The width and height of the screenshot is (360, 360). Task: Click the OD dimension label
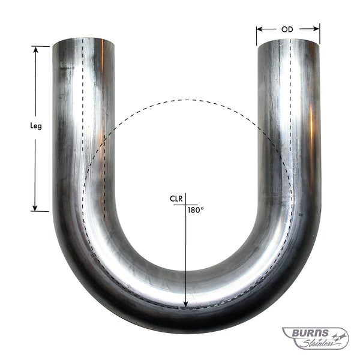coord(287,29)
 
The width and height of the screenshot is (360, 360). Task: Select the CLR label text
coord(176,199)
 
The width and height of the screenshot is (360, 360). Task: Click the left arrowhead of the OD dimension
coord(259,29)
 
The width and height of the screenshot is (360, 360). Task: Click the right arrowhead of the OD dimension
coord(317,29)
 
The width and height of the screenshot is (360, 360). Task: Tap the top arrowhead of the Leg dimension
coord(36,49)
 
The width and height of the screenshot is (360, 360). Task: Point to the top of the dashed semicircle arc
coord(186,100)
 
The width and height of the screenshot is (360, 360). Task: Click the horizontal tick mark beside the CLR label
coord(180,205)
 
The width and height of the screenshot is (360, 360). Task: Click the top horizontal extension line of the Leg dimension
coord(40,46)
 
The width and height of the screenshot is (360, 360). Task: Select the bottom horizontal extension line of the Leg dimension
coord(40,211)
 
